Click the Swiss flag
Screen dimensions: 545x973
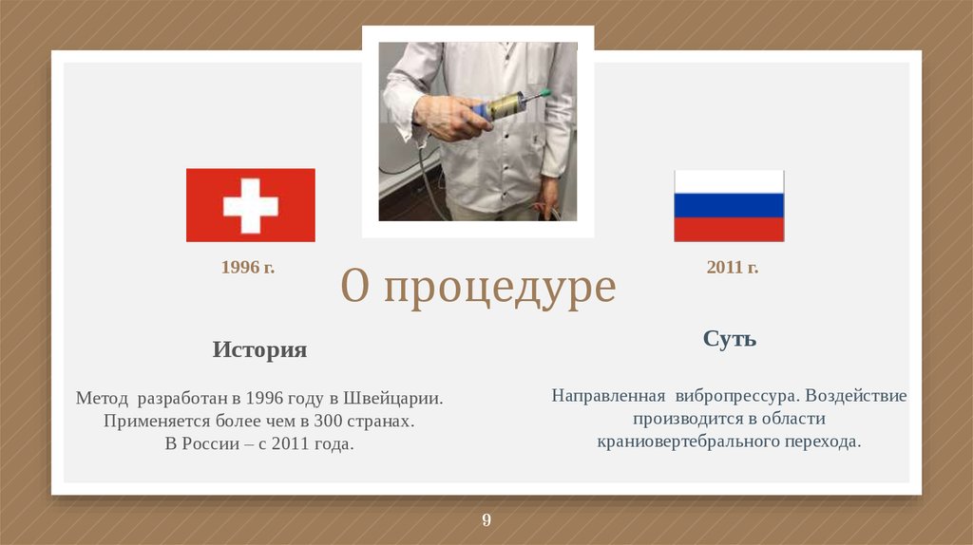[250, 205]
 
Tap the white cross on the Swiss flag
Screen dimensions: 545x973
[250, 205]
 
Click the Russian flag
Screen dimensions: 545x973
[729, 206]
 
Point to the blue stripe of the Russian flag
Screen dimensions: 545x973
[729, 206]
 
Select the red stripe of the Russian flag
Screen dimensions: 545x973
[729, 229]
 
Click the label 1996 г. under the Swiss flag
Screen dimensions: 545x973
[248, 268]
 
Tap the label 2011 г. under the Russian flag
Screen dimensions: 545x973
[732, 268]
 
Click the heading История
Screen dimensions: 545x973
[259, 349]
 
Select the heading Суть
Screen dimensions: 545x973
[730, 339]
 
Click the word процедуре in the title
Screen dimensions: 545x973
[500, 287]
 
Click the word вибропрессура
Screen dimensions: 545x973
[735, 395]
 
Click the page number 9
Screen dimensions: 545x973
[486, 519]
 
